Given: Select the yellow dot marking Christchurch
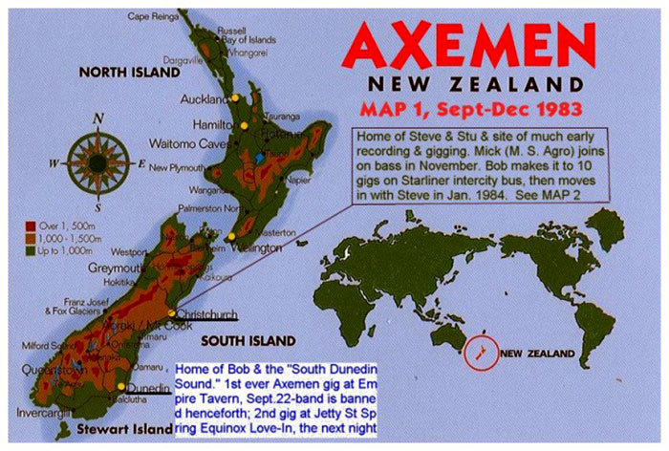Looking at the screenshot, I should coord(172,313).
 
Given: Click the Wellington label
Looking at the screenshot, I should coord(259,247).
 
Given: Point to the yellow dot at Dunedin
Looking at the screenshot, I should coord(122,387).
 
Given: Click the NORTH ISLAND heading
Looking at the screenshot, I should coord(129,72).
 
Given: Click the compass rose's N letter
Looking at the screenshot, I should coord(97,119).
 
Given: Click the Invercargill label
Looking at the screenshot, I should coord(35,417).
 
